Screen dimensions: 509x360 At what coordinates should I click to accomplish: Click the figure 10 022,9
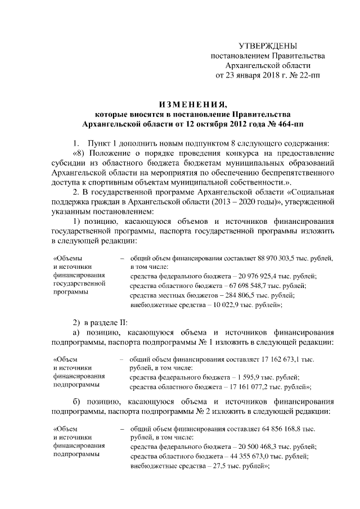[222, 304]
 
